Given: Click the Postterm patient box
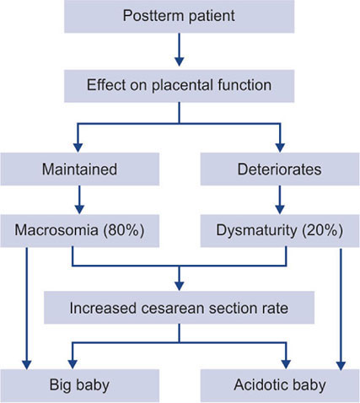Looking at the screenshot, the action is tap(179, 16).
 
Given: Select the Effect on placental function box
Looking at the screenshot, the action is tap(179, 86).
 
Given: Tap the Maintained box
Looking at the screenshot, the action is tap(80, 169).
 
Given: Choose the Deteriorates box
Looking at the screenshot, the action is tap(280, 169).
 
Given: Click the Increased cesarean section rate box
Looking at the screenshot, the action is tap(179, 308).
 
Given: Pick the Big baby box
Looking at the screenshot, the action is tap(80, 385).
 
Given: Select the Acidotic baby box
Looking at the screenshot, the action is tap(280, 385).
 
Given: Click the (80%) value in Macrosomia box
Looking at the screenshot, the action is tap(124, 230).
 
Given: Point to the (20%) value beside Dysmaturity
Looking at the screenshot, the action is tap(323, 230).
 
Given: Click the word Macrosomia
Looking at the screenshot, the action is tap(56, 230).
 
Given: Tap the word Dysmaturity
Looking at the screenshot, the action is tap(256, 231).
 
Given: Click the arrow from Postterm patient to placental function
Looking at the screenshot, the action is tap(179, 50).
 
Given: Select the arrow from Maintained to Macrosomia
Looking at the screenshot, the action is tap(79, 200).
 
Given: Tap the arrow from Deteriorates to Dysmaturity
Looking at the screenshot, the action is tap(280, 200).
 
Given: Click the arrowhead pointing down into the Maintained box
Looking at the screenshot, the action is tap(78, 148).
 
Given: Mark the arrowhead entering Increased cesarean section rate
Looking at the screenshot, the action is tap(179, 286).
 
